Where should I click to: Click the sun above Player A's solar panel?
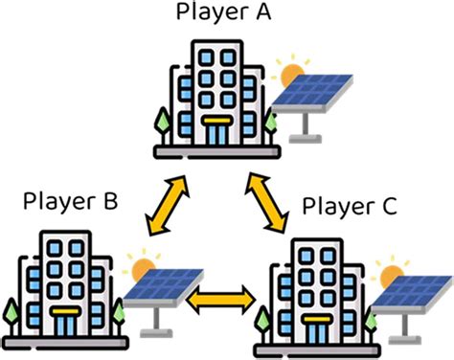pos(286,72)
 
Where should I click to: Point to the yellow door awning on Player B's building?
pos(64,311)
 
